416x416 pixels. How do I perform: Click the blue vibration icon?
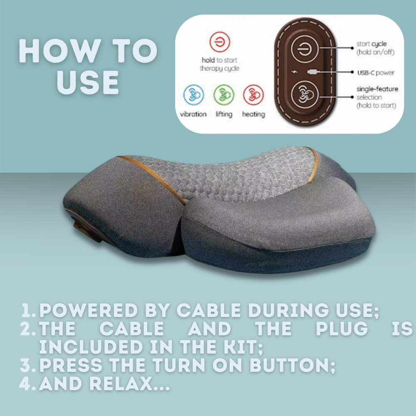194,95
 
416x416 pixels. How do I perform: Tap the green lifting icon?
224,95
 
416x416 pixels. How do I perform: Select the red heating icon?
253,95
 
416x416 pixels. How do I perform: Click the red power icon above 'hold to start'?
220,42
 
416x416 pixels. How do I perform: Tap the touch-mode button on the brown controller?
305,95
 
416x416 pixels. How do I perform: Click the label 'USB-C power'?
376,73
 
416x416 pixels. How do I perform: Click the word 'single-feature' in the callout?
377,89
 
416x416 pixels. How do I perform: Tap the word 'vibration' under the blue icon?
193,114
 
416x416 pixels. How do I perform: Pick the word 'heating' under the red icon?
254,114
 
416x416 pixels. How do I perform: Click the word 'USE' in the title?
87,82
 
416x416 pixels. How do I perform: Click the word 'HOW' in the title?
60,51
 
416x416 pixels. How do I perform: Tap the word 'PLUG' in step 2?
342,329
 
